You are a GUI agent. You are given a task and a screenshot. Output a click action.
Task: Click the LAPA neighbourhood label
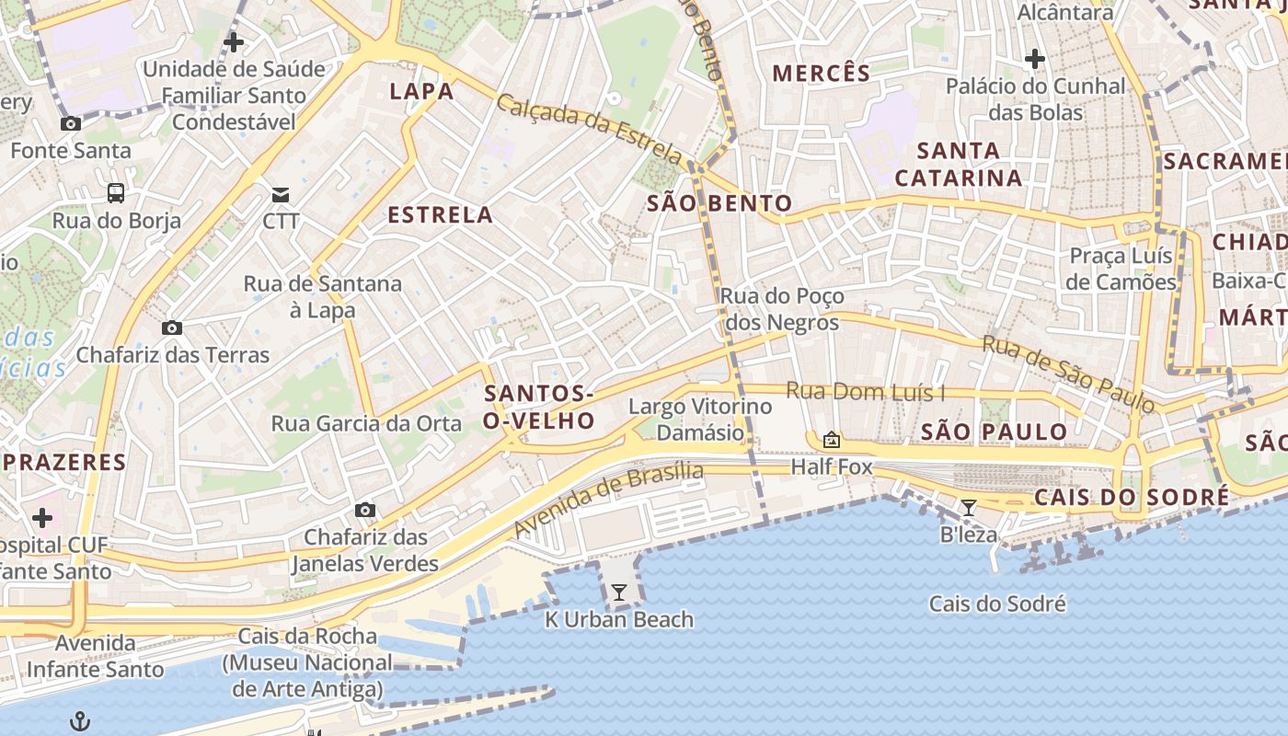pos(421,91)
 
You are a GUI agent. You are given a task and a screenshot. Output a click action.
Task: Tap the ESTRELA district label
pos(441,215)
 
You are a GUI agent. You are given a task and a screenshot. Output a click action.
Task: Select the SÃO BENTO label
pos(719,203)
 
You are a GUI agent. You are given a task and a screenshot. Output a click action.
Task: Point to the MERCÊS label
pos(822,74)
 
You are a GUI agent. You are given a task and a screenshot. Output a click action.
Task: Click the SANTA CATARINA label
pos(959,164)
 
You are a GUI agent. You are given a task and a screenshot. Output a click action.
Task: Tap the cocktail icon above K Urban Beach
pos(619,592)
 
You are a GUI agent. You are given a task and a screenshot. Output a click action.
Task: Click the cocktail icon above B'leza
pos(968,508)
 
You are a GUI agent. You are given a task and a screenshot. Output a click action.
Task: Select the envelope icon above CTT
pos(281,194)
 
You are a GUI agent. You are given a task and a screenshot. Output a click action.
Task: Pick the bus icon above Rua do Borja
pos(116,193)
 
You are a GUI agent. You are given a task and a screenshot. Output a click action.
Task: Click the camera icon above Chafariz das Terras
pos(171,328)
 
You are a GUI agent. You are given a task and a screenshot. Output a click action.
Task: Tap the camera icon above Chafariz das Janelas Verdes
pos(365,511)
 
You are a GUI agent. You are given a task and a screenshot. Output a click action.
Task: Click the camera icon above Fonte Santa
pos(70,124)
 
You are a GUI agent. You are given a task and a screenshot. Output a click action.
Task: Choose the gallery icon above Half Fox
pos(832,440)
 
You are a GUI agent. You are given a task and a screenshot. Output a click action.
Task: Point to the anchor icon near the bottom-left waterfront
pos(81,720)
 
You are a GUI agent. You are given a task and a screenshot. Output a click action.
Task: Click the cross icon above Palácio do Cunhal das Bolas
pos(1035,60)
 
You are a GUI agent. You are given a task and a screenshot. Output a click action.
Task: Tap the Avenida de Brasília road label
pos(608,500)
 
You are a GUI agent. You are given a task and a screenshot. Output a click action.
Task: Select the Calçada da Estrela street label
pos(590,129)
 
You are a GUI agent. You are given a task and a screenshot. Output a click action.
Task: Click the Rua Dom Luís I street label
pos(865,392)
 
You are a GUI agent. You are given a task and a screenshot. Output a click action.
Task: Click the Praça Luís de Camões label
pos(1121,269)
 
